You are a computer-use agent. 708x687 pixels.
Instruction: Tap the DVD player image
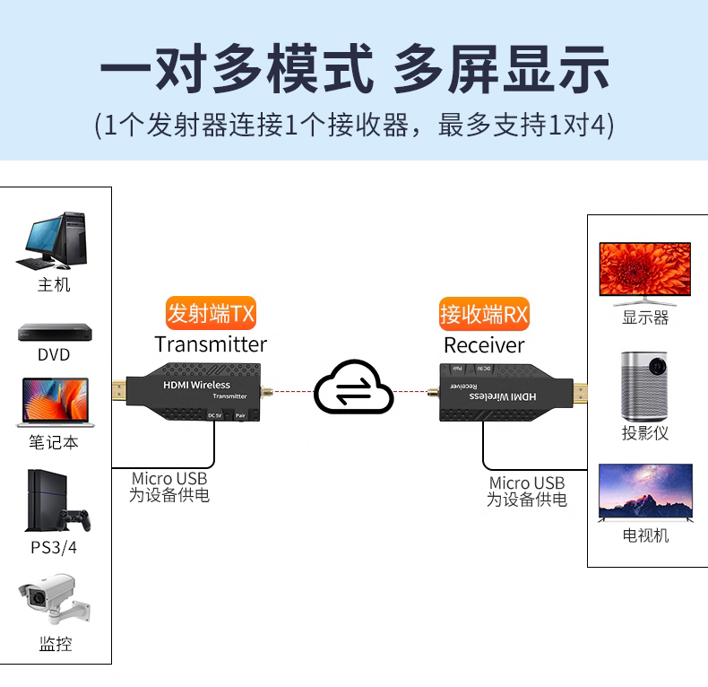click(54, 332)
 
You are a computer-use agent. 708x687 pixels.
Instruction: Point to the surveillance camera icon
click(54, 601)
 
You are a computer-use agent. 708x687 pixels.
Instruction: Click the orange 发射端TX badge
click(212, 314)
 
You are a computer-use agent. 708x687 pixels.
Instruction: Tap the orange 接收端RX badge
click(485, 314)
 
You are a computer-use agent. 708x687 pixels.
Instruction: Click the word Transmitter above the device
click(211, 344)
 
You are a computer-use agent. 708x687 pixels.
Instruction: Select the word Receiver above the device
click(484, 345)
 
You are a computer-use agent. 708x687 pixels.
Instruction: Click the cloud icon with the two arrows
click(354, 388)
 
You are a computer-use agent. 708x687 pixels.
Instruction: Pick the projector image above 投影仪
click(645, 384)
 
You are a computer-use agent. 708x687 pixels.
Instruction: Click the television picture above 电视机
click(645, 492)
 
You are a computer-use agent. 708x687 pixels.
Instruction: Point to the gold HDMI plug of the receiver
click(582, 392)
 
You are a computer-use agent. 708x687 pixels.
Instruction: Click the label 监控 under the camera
click(55, 644)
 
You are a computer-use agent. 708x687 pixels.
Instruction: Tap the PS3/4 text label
click(54, 547)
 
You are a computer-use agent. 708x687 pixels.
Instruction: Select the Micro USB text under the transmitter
click(169, 479)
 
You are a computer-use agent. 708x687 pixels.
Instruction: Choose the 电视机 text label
click(645, 536)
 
